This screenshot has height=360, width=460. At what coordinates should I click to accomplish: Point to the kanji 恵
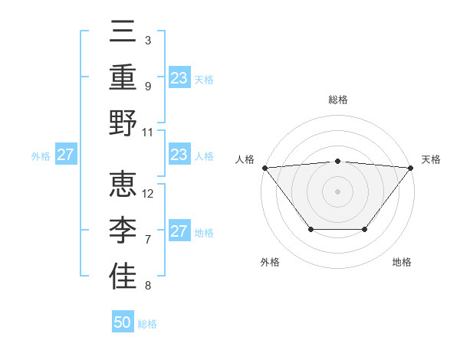point(123,185)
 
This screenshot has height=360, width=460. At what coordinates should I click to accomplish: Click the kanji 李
point(123,230)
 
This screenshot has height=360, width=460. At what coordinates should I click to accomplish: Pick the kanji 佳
point(123,277)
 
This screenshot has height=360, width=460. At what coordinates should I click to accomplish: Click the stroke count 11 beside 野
point(149,132)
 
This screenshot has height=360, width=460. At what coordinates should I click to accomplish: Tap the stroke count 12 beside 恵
point(149,193)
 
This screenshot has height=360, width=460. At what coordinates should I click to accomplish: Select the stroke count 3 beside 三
point(148,40)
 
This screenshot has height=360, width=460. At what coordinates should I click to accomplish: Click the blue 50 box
point(123,322)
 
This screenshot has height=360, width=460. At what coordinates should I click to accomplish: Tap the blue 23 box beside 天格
point(179,77)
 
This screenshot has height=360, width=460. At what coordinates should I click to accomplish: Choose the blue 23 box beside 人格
point(179,155)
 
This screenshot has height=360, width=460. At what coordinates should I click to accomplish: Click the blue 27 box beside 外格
point(65,155)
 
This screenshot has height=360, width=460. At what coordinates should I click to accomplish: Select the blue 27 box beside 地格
point(179,231)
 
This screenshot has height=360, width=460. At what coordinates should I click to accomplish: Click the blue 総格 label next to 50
point(147,324)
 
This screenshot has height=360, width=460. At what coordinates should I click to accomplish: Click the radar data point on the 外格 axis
point(310,229)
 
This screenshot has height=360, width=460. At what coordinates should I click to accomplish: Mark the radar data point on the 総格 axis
point(337,161)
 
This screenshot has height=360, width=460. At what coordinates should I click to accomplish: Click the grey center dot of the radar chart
point(337,191)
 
